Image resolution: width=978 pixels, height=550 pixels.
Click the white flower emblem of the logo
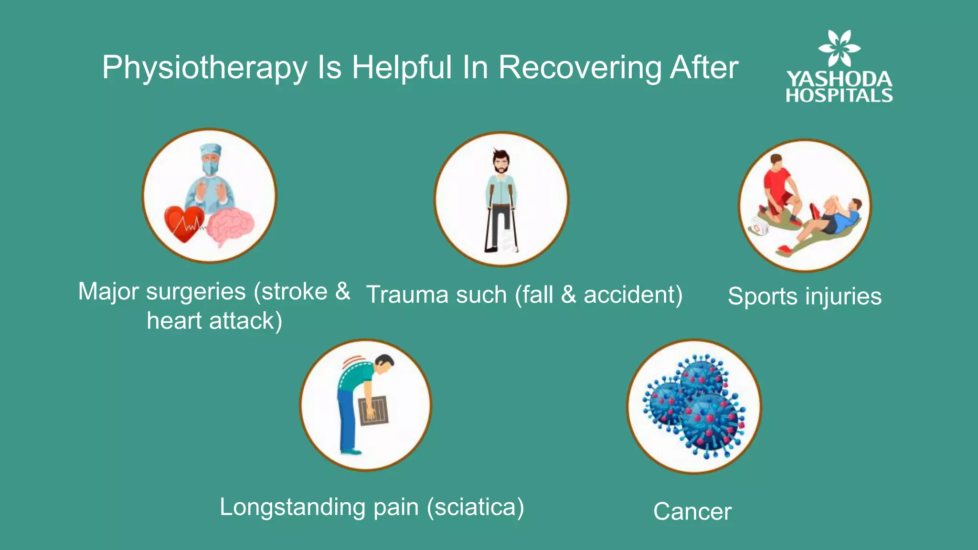839,48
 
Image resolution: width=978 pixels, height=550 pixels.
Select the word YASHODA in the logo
839,79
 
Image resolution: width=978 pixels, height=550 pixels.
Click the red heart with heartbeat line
184,223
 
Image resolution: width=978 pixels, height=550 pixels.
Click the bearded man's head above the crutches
500,162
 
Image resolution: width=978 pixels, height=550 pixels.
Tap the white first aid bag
759,227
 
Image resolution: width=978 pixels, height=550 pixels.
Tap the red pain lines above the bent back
353,360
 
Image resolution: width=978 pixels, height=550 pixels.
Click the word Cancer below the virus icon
692,512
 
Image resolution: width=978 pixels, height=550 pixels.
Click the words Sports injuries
804,296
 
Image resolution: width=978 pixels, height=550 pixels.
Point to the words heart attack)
214,320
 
